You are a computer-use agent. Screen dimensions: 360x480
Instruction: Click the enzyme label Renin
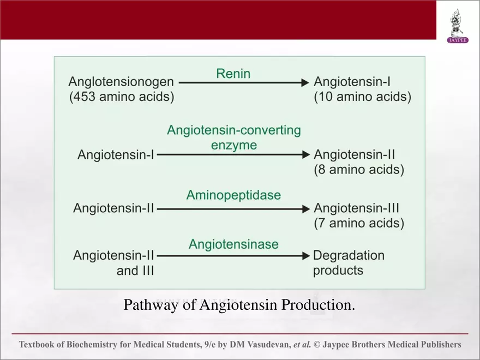tap(233, 73)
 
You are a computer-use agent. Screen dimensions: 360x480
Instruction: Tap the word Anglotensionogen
tap(121, 82)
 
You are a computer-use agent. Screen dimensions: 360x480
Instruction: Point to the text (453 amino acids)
tap(121, 98)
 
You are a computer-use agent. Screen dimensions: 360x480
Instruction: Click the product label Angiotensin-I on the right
tap(352, 82)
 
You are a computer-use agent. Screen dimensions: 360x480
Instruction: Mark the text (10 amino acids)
tap(362, 98)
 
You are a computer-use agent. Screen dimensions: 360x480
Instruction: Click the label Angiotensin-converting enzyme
tap(234, 138)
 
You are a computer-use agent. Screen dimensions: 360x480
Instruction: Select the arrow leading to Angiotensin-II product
tap(233, 155)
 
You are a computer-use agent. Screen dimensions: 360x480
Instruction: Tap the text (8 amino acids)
tap(359, 170)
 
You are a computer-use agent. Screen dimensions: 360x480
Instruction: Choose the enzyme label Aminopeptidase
tap(234, 195)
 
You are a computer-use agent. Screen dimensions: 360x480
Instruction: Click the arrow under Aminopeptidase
tap(233, 208)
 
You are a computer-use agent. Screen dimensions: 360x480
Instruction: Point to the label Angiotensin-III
tap(357, 208)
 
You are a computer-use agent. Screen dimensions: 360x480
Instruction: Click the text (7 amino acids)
tap(359, 223)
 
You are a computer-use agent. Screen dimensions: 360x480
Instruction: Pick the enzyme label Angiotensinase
tap(233, 244)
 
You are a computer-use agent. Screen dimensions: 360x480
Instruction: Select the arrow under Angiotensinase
tap(233, 256)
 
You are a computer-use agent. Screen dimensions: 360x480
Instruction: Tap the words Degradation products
tap(349, 262)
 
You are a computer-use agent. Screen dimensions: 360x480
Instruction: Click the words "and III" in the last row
tap(135, 271)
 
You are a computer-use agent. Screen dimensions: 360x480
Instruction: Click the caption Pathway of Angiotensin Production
tap(239, 304)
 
